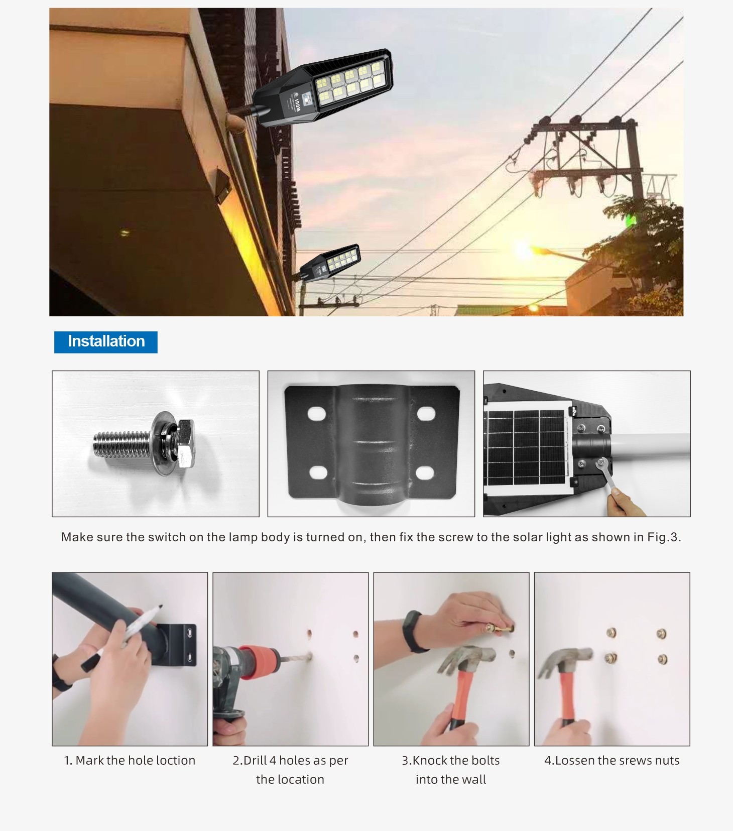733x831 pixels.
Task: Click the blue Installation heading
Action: (106, 342)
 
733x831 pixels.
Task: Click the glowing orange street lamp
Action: (524, 249)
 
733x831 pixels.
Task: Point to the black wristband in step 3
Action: (415, 631)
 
